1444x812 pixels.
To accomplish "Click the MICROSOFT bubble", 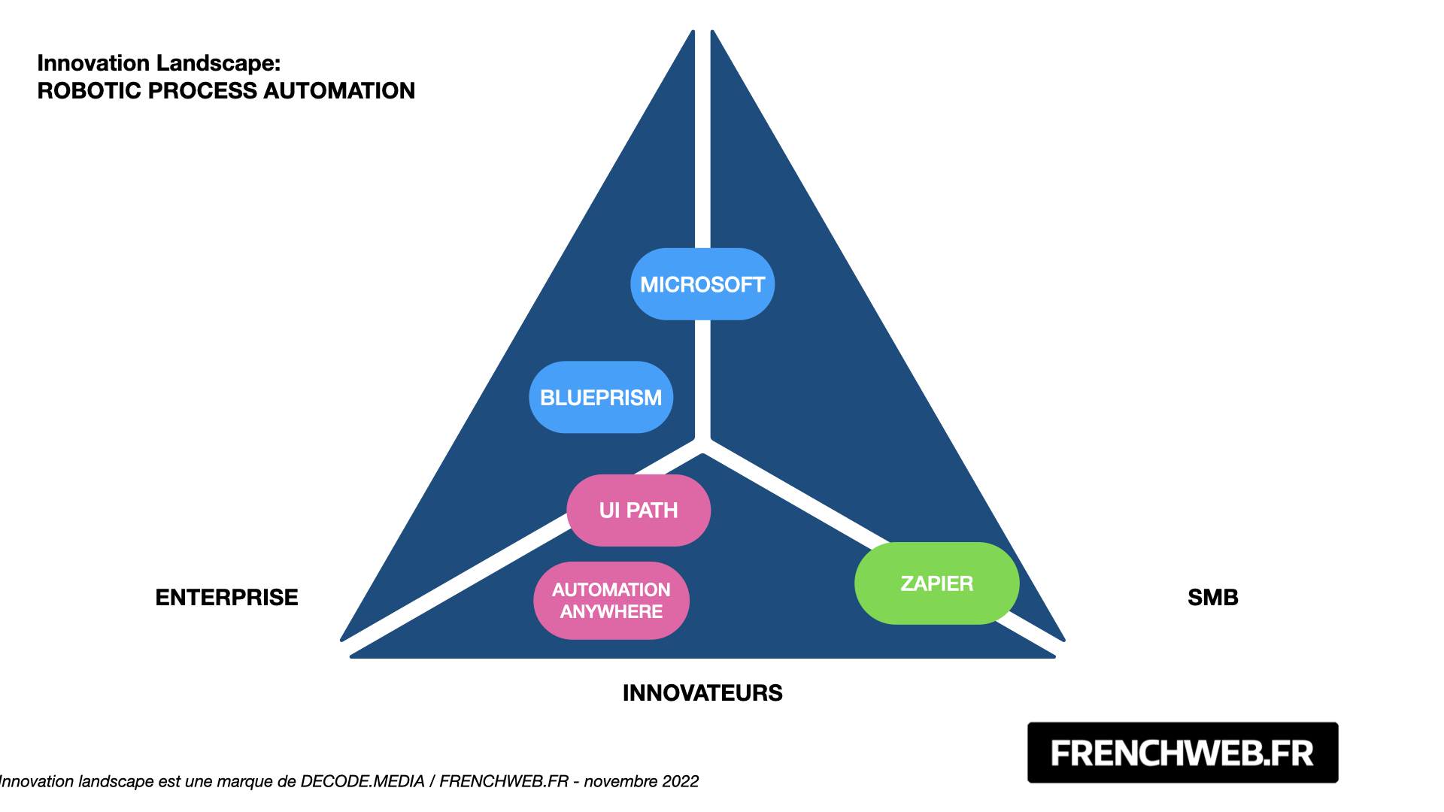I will click(x=702, y=284).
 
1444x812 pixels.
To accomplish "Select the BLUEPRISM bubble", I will click(x=601, y=397).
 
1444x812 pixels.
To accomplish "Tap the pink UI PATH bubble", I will click(x=639, y=511).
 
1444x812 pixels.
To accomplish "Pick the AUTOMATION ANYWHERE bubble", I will click(x=611, y=601).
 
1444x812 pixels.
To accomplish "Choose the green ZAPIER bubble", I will click(x=937, y=583).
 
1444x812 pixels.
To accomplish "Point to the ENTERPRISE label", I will click(x=226, y=597).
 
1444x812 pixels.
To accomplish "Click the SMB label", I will click(x=1212, y=597).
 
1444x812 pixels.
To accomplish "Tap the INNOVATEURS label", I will click(x=702, y=692).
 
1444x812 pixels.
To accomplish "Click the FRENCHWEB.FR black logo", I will click(x=1182, y=753).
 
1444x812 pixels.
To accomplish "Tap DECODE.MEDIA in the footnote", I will click(x=363, y=782).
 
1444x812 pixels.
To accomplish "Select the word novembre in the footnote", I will click(x=619, y=782).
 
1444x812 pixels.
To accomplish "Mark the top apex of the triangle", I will click(x=702, y=32).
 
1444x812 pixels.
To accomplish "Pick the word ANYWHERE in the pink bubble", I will click(x=611, y=612).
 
